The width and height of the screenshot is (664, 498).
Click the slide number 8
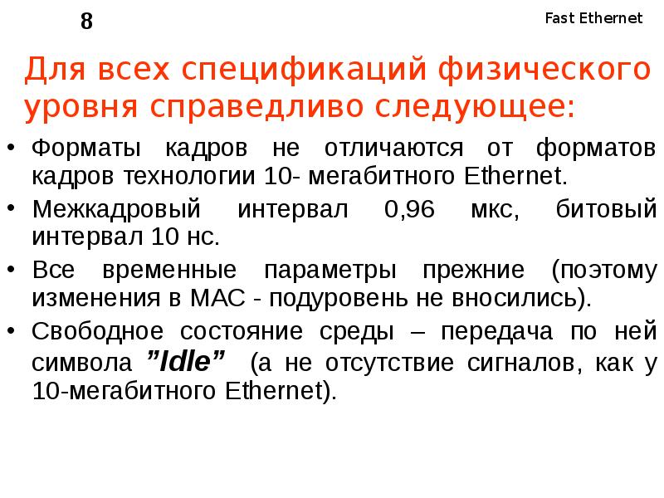click(86, 22)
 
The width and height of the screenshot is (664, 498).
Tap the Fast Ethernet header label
click(593, 18)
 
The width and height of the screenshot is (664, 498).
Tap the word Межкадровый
click(116, 208)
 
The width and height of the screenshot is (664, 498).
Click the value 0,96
click(410, 208)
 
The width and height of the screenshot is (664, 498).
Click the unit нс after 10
click(203, 236)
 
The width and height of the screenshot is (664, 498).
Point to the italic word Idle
click(186, 362)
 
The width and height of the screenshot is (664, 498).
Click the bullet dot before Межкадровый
click(11, 208)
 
